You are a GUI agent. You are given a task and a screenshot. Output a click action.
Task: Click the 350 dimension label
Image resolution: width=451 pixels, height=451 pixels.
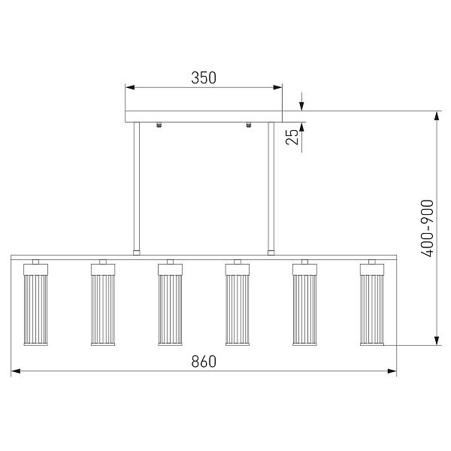pos(204,77)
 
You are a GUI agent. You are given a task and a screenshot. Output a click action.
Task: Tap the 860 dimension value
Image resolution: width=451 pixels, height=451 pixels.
pos(204,362)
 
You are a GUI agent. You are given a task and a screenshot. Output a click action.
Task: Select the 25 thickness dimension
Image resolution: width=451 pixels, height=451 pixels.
pos(292,137)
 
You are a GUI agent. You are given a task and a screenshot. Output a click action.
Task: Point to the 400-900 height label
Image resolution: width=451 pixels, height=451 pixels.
pos(427,228)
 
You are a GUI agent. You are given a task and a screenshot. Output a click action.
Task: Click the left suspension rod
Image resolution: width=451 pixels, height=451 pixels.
pos(137,186)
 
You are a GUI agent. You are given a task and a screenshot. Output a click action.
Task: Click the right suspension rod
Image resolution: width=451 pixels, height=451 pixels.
pos(271,186)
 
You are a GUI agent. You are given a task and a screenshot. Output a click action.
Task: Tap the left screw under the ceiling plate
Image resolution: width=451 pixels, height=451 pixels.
pos(159,125)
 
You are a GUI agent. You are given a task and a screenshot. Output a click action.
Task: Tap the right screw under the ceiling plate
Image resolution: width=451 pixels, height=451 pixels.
pos(249,125)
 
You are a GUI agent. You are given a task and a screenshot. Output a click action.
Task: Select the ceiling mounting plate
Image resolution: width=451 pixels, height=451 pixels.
pos(204,117)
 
